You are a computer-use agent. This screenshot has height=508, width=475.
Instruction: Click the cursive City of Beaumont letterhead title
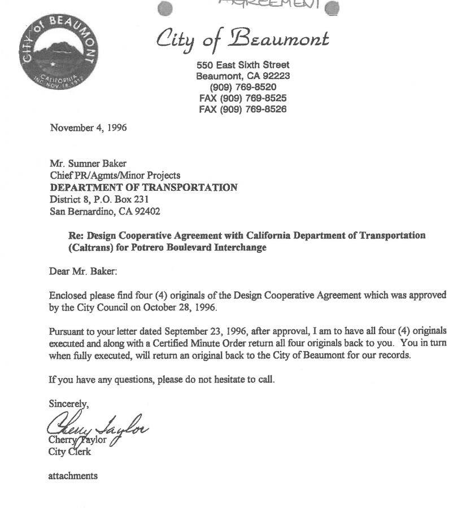pyautogui.click(x=242, y=40)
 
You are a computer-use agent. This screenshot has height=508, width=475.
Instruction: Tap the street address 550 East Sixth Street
pyautogui.click(x=242, y=65)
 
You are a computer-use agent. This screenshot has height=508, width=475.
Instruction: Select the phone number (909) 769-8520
pyautogui.click(x=243, y=87)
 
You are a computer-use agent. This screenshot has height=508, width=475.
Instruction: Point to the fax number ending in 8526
pyautogui.click(x=242, y=109)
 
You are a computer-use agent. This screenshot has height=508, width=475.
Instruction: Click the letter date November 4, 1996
pyautogui.click(x=88, y=128)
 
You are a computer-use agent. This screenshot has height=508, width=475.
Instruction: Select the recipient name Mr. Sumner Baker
pyautogui.click(x=88, y=164)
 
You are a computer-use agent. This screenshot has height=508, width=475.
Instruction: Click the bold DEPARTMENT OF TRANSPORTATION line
pyautogui.click(x=144, y=187)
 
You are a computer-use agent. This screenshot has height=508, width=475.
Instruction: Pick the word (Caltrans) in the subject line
pyautogui.click(x=92, y=247)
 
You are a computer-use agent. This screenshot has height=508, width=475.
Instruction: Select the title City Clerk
pyautogui.click(x=69, y=452)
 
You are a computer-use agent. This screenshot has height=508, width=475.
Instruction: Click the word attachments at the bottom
pyautogui.click(x=73, y=476)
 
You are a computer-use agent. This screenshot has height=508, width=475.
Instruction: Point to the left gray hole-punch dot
pyautogui.click(x=164, y=8)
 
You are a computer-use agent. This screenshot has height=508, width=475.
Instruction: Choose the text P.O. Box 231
pyautogui.click(x=108, y=199)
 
